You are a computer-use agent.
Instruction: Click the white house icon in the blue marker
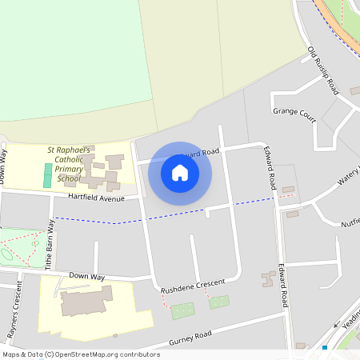tap(179, 172)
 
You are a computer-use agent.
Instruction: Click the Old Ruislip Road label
tap(323, 71)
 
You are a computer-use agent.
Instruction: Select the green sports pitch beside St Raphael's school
tap(47, 175)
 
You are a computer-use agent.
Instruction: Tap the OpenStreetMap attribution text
tap(80, 354)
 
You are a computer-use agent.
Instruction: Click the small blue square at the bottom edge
tap(326, 348)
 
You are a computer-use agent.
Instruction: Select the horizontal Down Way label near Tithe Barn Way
tap(86, 276)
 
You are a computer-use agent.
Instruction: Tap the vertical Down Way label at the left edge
tap(5, 166)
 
